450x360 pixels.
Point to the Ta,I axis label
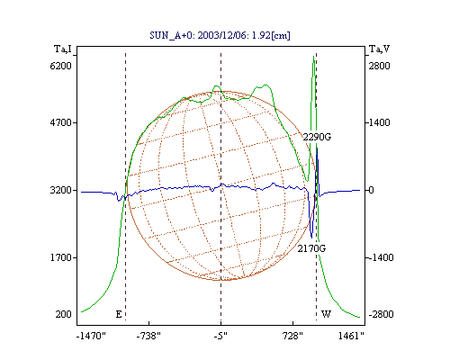point(63,49)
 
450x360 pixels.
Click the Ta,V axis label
point(379,49)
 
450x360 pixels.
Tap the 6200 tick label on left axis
point(60,66)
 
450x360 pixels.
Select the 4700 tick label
point(60,122)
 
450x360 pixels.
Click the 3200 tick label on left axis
point(60,190)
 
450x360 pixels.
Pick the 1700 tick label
point(60,257)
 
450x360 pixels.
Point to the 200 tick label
point(63,314)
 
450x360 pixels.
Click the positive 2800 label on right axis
point(379,66)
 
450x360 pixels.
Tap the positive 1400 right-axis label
point(379,122)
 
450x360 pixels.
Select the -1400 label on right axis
point(381,257)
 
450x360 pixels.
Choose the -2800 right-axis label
point(381,314)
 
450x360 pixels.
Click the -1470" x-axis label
point(91,336)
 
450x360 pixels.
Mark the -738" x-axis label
point(148,336)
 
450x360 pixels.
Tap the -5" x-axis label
point(220,336)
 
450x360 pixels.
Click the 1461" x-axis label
point(351,336)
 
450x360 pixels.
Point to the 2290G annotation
point(317,137)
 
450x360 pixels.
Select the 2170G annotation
point(311,248)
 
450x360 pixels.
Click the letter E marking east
point(119,314)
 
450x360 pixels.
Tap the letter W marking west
point(326,314)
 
